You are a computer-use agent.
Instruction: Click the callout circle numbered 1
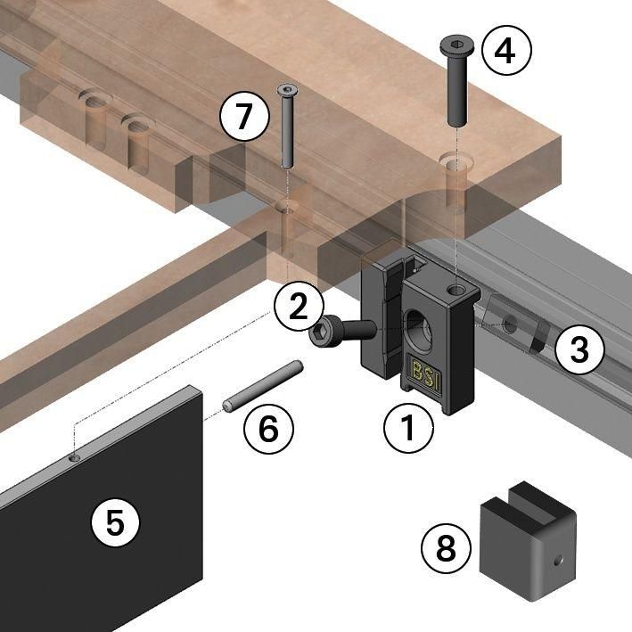pos(408,430)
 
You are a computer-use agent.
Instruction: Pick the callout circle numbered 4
pos(505,52)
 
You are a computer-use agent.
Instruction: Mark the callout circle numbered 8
pos(447,549)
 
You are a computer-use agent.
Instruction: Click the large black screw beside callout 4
pos(456,81)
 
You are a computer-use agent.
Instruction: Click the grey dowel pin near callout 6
pos(264,384)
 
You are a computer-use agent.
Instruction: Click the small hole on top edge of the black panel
pos(74,458)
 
